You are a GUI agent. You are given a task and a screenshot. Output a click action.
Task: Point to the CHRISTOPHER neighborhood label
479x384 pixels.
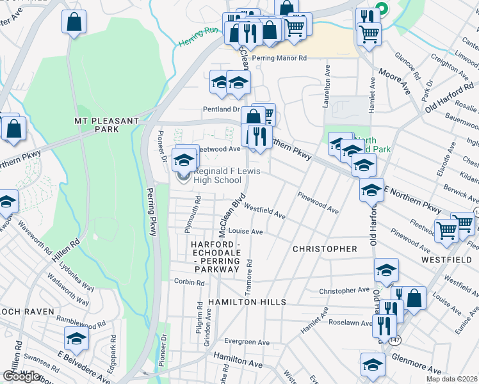[325, 248]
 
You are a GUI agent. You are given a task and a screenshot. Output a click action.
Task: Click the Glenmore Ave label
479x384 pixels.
[416, 364]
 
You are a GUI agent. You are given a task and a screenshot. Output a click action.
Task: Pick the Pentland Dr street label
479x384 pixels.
[221, 109]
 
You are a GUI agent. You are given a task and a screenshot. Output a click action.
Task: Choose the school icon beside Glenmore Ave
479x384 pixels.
[372, 364]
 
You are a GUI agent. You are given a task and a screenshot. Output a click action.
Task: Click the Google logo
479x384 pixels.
[21, 376]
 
